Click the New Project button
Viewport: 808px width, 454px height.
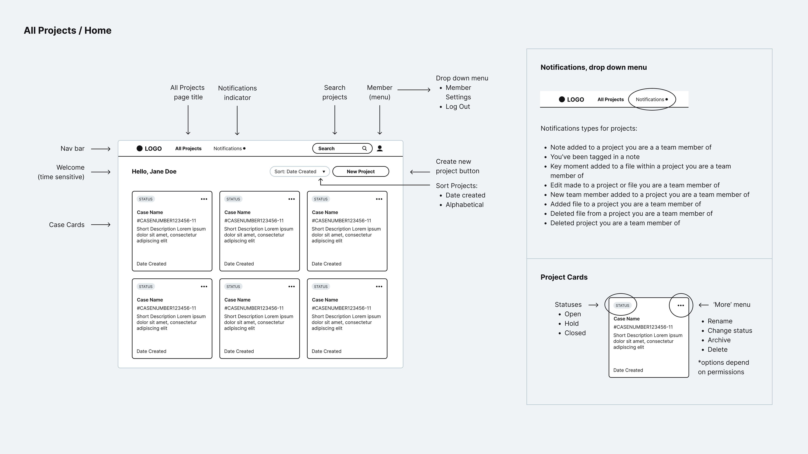361,172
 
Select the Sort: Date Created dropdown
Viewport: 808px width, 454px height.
300,172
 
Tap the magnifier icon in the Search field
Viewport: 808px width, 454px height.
364,148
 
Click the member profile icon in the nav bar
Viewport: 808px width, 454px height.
380,148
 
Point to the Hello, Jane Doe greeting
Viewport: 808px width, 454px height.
154,172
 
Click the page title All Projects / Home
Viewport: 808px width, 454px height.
67,30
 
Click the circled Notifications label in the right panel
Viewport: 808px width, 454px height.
650,99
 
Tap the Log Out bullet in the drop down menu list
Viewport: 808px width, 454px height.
458,107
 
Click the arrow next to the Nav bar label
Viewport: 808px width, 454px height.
101,149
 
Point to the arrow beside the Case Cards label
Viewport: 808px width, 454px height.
101,225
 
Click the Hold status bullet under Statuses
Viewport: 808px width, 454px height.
571,324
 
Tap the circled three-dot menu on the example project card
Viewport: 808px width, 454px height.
681,305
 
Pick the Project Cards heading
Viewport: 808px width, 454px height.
564,277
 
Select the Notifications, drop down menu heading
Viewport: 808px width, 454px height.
593,68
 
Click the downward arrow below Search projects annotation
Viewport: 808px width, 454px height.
335,120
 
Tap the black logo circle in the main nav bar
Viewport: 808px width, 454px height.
140,148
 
